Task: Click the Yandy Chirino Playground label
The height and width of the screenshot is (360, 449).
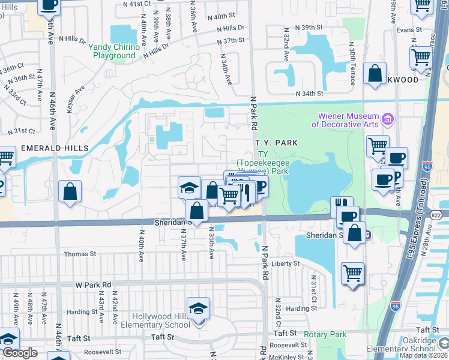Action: (114, 51)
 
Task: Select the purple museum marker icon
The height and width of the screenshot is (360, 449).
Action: (387, 120)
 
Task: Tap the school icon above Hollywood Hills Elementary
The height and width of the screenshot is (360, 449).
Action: (198, 309)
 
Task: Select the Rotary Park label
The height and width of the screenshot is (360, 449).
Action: (325, 334)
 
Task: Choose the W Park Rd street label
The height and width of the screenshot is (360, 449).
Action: (94, 284)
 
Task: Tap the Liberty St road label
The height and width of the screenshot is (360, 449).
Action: (285, 263)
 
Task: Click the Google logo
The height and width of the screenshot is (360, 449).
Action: (20, 353)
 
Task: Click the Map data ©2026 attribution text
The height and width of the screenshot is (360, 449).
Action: (422, 355)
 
